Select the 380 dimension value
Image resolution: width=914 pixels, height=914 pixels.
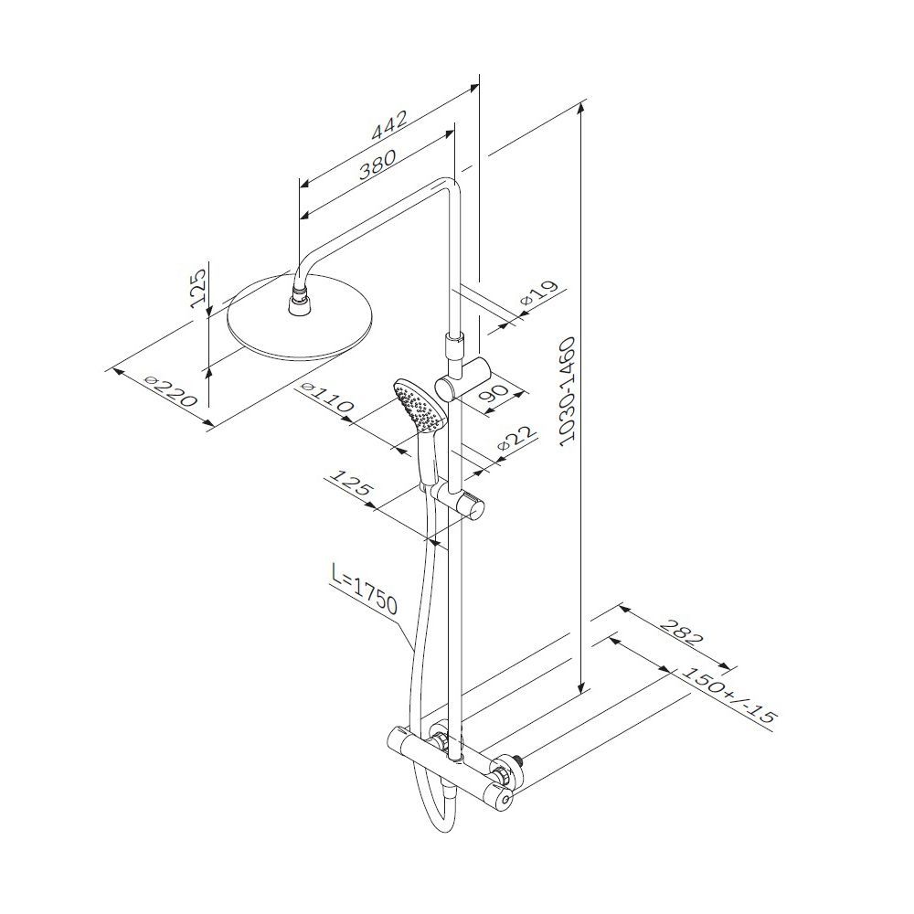click(377, 164)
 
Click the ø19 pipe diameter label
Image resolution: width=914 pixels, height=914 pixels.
click(539, 293)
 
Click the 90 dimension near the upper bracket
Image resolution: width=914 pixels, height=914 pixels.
click(493, 393)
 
